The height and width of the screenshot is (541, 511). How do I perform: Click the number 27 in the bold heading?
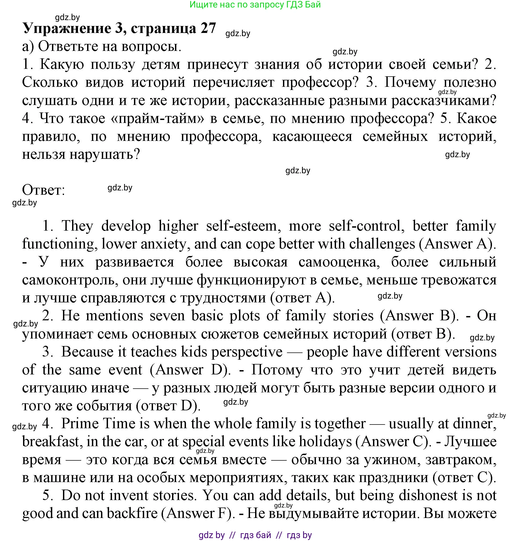pyautogui.click(x=208, y=28)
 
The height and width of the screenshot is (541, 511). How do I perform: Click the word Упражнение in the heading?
pyautogui.click(x=67, y=28)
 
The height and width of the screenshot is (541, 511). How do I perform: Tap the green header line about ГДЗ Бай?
pyautogui.click(x=255, y=5)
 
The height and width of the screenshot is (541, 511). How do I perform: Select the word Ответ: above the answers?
pyautogui.click(x=44, y=190)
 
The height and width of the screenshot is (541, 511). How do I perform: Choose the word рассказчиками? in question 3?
pyautogui.click(x=444, y=100)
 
